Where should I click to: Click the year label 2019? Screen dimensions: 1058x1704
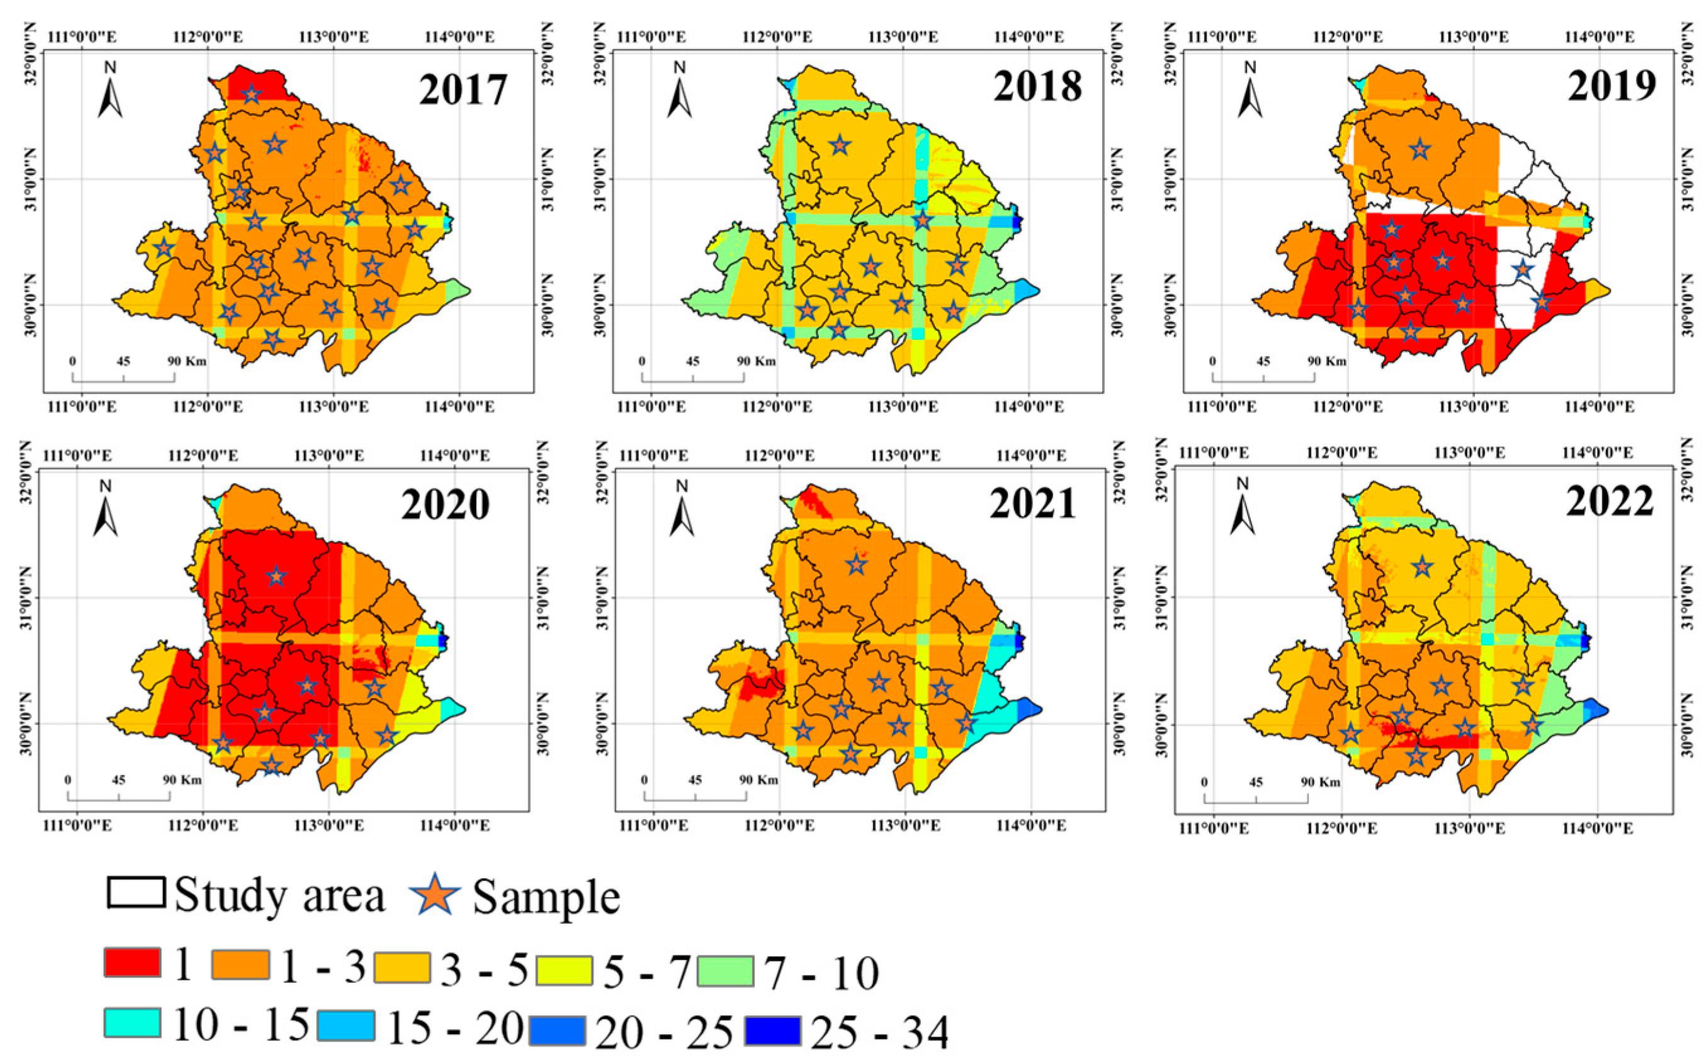click(1611, 87)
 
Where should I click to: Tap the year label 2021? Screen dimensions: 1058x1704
click(1032, 504)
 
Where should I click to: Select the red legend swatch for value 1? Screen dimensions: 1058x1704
click(132, 962)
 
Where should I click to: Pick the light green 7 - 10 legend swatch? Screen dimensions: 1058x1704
click(725, 971)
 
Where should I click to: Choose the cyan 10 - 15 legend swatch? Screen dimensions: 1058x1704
click(132, 1022)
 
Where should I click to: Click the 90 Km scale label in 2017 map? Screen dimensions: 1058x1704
click(186, 361)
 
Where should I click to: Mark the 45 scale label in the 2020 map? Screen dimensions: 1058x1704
click(118, 779)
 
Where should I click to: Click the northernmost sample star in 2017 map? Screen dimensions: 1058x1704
click(251, 94)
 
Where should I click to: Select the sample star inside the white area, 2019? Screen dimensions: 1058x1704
click(1521, 269)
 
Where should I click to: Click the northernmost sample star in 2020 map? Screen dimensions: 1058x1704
click(276, 576)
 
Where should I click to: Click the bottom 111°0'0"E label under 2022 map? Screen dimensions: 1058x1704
click(1214, 828)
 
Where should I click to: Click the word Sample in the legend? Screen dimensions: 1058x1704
click(546, 897)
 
